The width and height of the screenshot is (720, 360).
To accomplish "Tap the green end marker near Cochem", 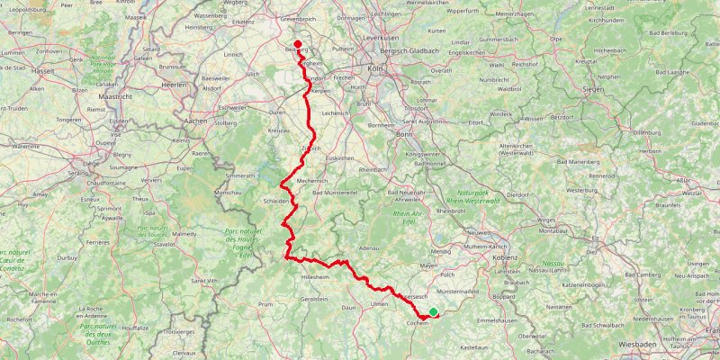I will click(433, 312).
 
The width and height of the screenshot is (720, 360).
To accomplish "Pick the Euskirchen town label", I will click(339, 158).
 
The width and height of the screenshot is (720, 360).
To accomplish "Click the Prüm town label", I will click(265, 304).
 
